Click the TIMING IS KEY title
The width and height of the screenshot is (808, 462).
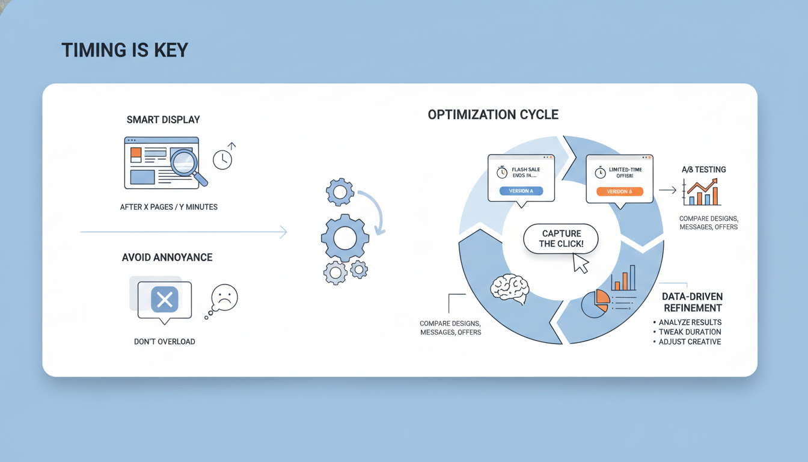(x=124, y=50)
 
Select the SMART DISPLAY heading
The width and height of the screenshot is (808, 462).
(x=163, y=120)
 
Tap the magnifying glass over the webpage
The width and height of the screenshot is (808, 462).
(x=185, y=163)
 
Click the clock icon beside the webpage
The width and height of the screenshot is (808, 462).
(x=222, y=159)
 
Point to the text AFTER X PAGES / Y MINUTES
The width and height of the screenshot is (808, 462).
(x=168, y=207)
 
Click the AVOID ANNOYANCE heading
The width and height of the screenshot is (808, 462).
(x=167, y=257)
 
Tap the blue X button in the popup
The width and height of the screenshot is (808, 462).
(x=165, y=300)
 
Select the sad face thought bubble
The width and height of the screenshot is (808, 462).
(x=224, y=298)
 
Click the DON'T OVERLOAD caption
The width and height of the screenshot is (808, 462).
(x=164, y=342)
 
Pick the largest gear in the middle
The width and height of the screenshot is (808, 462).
(x=344, y=238)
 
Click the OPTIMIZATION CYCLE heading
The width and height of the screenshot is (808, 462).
(x=493, y=114)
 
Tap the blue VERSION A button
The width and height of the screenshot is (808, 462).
(x=521, y=191)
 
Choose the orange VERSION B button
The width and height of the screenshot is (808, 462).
(x=619, y=191)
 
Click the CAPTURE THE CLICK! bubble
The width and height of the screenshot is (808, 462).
(x=560, y=239)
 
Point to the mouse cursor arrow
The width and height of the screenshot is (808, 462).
(x=580, y=263)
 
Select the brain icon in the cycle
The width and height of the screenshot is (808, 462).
(x=509, y=288)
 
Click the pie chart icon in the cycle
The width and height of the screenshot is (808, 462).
(x=595, y=303)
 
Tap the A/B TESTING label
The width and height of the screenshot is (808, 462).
(x=703, y=170)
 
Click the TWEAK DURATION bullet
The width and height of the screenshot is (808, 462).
(x=690, y=332)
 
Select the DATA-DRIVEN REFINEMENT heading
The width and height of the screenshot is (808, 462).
(x=691, y=302)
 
